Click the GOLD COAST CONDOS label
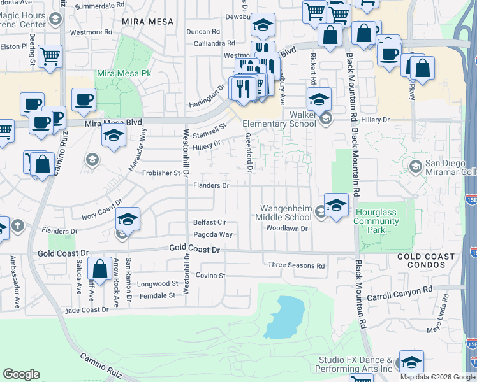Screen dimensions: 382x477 (426, 260)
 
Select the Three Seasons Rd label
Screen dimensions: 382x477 (296, 265)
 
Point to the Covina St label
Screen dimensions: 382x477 (210, 276)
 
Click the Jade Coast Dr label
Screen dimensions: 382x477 (87, 310)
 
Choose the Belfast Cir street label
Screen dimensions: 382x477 (210, 222)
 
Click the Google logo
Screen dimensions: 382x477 (22, 374)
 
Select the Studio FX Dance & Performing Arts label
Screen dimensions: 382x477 (356, 364)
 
